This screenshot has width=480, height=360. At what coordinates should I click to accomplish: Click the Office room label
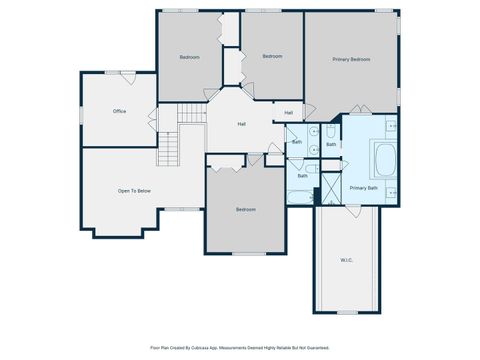coord(119,111)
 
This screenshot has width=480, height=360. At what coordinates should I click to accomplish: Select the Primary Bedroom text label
coord(352,60)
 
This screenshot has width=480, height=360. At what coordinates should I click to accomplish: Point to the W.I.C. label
coord(346,261)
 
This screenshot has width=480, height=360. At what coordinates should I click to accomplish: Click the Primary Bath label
coord(363,187)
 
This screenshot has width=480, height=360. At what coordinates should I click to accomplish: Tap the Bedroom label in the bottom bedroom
coord(245,209)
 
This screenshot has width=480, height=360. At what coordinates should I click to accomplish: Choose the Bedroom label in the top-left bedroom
coord(189,57)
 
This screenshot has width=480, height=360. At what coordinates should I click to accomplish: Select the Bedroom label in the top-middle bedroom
coord(272,56)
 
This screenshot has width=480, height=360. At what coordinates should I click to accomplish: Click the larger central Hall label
coord(241,124)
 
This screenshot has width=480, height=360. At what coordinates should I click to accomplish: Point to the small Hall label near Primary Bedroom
coord(288,112)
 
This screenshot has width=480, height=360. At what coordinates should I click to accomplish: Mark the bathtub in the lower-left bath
coord(300,195)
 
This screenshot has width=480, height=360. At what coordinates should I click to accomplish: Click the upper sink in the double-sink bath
coord(313,131)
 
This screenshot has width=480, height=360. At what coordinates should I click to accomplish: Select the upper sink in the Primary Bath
coord(391,126)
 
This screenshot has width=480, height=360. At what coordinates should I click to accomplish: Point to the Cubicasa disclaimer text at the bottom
coord(240,348)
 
